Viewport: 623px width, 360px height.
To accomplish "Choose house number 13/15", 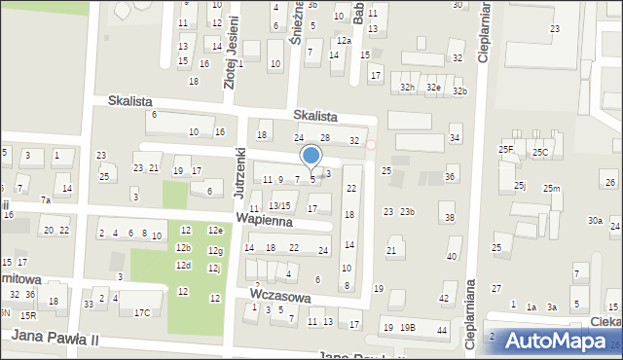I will pyautogui.click(x=278, y=205).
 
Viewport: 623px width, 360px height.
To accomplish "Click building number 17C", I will pyautogui.click(x=142, y=312).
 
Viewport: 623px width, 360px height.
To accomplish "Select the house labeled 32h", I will pyautogui.click(x=408, y=88).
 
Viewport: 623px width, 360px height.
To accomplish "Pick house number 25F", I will pyautogui.click(x=506, y=149).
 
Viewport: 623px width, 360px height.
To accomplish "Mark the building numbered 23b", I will pyautogui.click(x=407, y=212).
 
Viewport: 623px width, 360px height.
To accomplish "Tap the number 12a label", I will pyautogui.click(x=344, y=41).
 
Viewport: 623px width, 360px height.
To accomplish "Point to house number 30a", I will pyautogui.click(x=595, y=221).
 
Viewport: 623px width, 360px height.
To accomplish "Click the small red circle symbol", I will pyautogui.click(x=370, y=146).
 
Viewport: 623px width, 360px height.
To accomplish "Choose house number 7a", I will pyautogui.click(x=45, y=200).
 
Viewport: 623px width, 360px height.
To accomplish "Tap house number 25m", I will pyautogui.click(x=552, y=188).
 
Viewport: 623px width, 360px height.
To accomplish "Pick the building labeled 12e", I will pyautogui.click(x=215, y=230).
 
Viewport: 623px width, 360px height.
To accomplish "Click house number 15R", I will pyautogui.click(x=28, y=315).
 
